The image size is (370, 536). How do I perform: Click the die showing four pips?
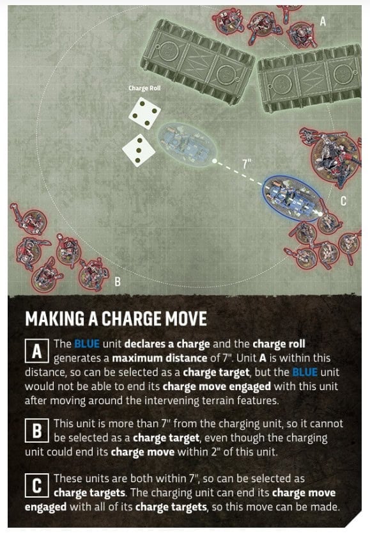[144, 113]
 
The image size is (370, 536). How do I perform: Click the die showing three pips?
[139, 150]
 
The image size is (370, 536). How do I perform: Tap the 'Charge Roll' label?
[144, 88]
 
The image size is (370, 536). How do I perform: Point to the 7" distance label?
[247, 164]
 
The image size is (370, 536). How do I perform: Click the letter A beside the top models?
[323, 22]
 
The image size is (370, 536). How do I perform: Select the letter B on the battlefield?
[117, 281]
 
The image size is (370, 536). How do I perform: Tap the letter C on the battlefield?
[343, 201]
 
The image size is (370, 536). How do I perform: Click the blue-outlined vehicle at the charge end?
[293, 199]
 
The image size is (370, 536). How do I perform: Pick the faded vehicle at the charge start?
[187, 145]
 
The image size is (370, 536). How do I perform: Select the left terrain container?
[197, 61]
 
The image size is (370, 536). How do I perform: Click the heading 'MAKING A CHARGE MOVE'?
[116, 319]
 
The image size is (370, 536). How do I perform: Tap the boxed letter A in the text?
[37, 351]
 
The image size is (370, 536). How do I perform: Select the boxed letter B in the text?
[37, 430]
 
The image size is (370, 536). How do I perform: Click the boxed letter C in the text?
[37, 485]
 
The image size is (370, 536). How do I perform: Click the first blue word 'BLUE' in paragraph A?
[87, 344]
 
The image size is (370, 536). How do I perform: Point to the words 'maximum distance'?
[160, 358]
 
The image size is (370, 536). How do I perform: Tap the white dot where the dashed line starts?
[215, 161]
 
